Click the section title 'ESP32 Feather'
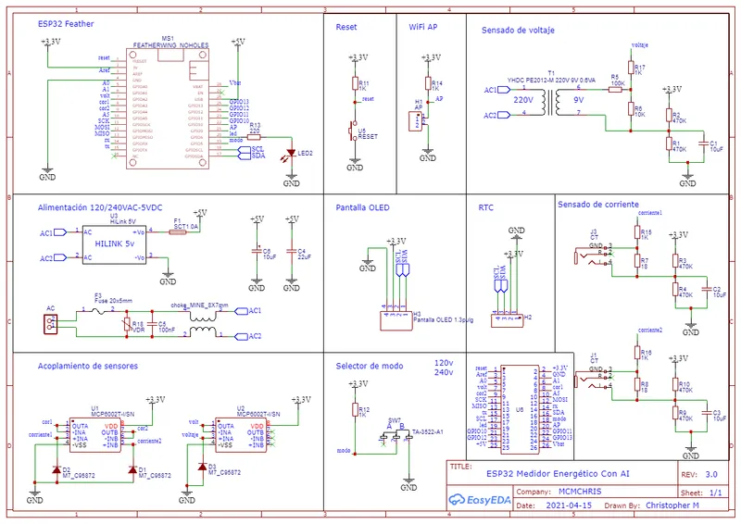pos(65,25)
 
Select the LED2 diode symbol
pos(293,154)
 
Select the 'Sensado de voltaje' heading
pos(518,31)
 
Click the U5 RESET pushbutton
pos(354,130)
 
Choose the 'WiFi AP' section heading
pos(423,28)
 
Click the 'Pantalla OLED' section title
pos(362,208)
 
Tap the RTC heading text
pos(486,209)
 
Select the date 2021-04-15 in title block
pos(569,506)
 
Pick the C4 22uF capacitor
pos(292,251)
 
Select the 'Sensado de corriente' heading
pos(598,203)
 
